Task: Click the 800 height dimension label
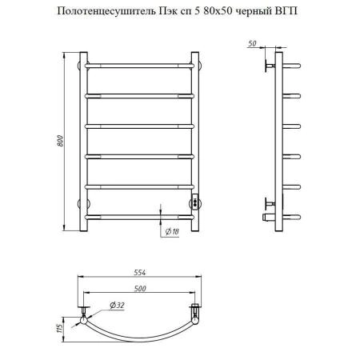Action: [61, 141]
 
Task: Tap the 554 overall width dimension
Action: [140, 273]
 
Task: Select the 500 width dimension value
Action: [140, 289]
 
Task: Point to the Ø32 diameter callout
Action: [117, 306]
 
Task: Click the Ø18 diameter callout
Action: [172, 231]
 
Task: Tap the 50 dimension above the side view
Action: [252, 43]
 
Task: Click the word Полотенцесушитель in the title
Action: [106, 11]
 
